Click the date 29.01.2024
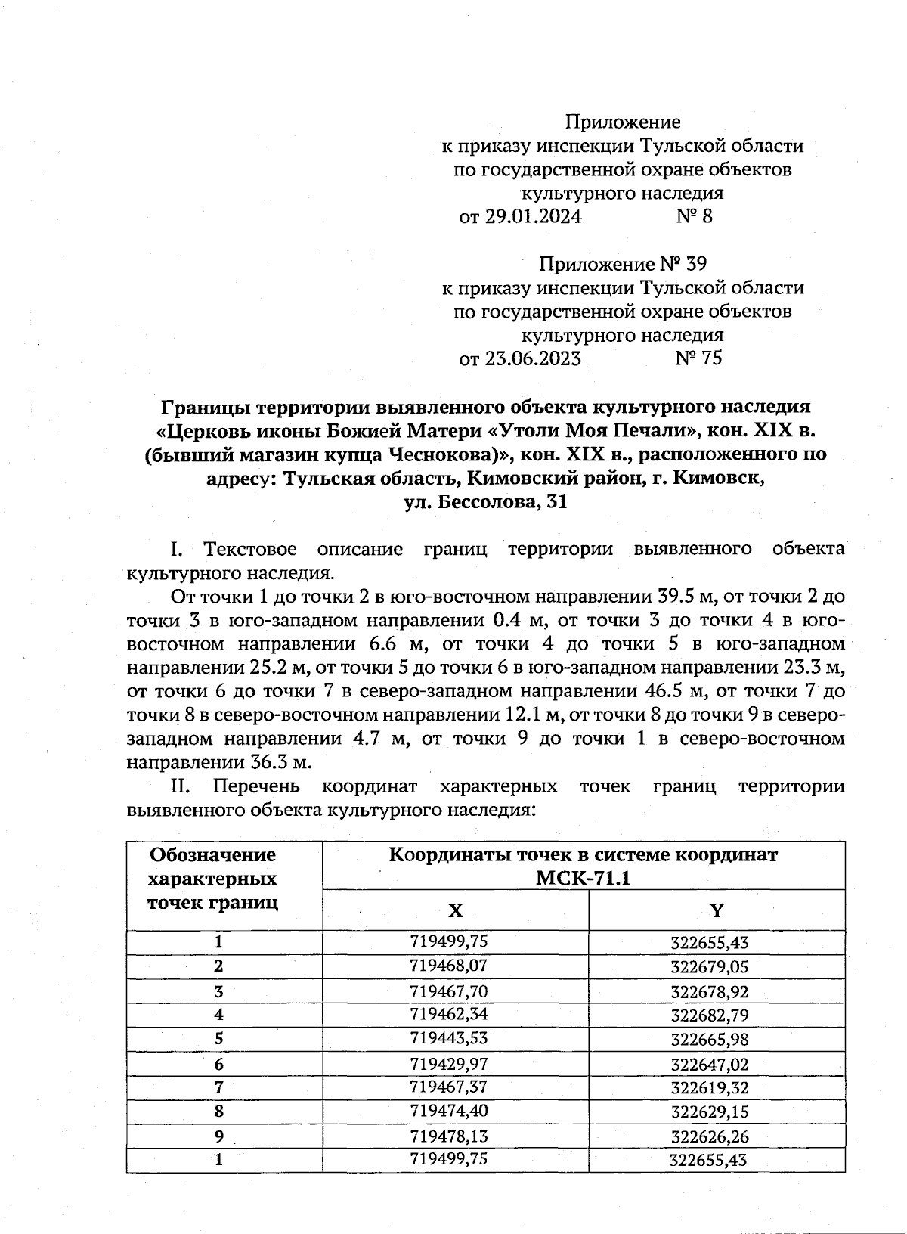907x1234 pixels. pyautogui.click(x=532, y=217)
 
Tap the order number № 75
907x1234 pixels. pyautogui.click(x=698, y=358)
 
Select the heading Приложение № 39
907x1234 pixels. pyautogui.click(x=622, y=264)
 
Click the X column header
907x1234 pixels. pyautogui.click(x=455, y=911)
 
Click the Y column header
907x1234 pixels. pyautogui.click(x=717, y=911)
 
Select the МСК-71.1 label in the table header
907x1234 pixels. pyautogui.click(x=583, y=879)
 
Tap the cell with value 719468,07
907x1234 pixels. pyautogui.click(x=448, y=966)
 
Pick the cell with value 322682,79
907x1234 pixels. pyautogui.click(x=709, y=1015)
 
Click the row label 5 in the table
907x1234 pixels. pyautogui.click(x=219, y=1039)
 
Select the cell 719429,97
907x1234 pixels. pyautogui.click(x=448, y=1064)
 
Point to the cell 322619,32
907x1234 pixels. pyautogui.click(x=709, y=1088)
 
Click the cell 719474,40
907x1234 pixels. pyautogui.click(x=448, y=1112)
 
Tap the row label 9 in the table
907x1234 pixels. pyautogui.click(x=219, y=1136)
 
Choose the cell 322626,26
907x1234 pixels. pyautogui.click(x=709, y=1136)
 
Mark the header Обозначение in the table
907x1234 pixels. pyautogui.click(x=213, y=855)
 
